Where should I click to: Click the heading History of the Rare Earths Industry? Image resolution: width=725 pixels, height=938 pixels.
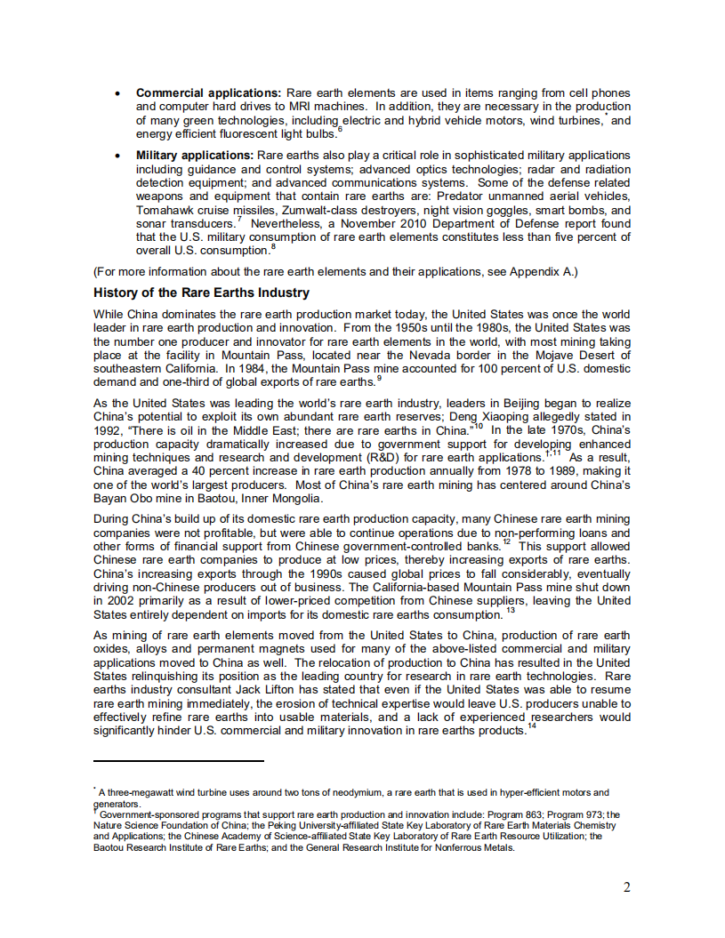(201, 293)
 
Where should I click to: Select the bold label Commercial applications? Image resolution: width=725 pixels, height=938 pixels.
(208, 93)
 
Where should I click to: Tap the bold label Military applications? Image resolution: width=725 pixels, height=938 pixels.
(195, 156)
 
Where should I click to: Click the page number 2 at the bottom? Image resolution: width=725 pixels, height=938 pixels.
(626, 887)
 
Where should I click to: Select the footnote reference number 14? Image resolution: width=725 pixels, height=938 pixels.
(532, 726)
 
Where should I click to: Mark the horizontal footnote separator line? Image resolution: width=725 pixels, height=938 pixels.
(179, 761)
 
